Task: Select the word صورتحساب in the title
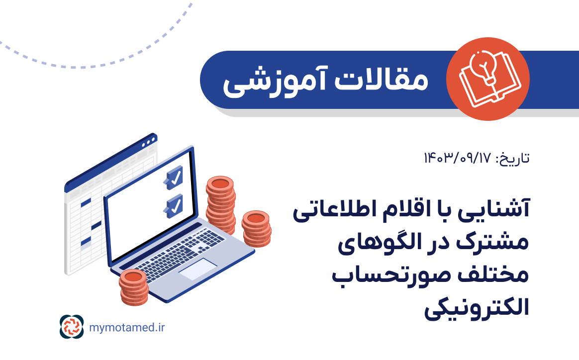point(378,276)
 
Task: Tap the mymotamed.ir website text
point(126,327)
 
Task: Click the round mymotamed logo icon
point(72,327)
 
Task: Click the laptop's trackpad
point(197,269)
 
